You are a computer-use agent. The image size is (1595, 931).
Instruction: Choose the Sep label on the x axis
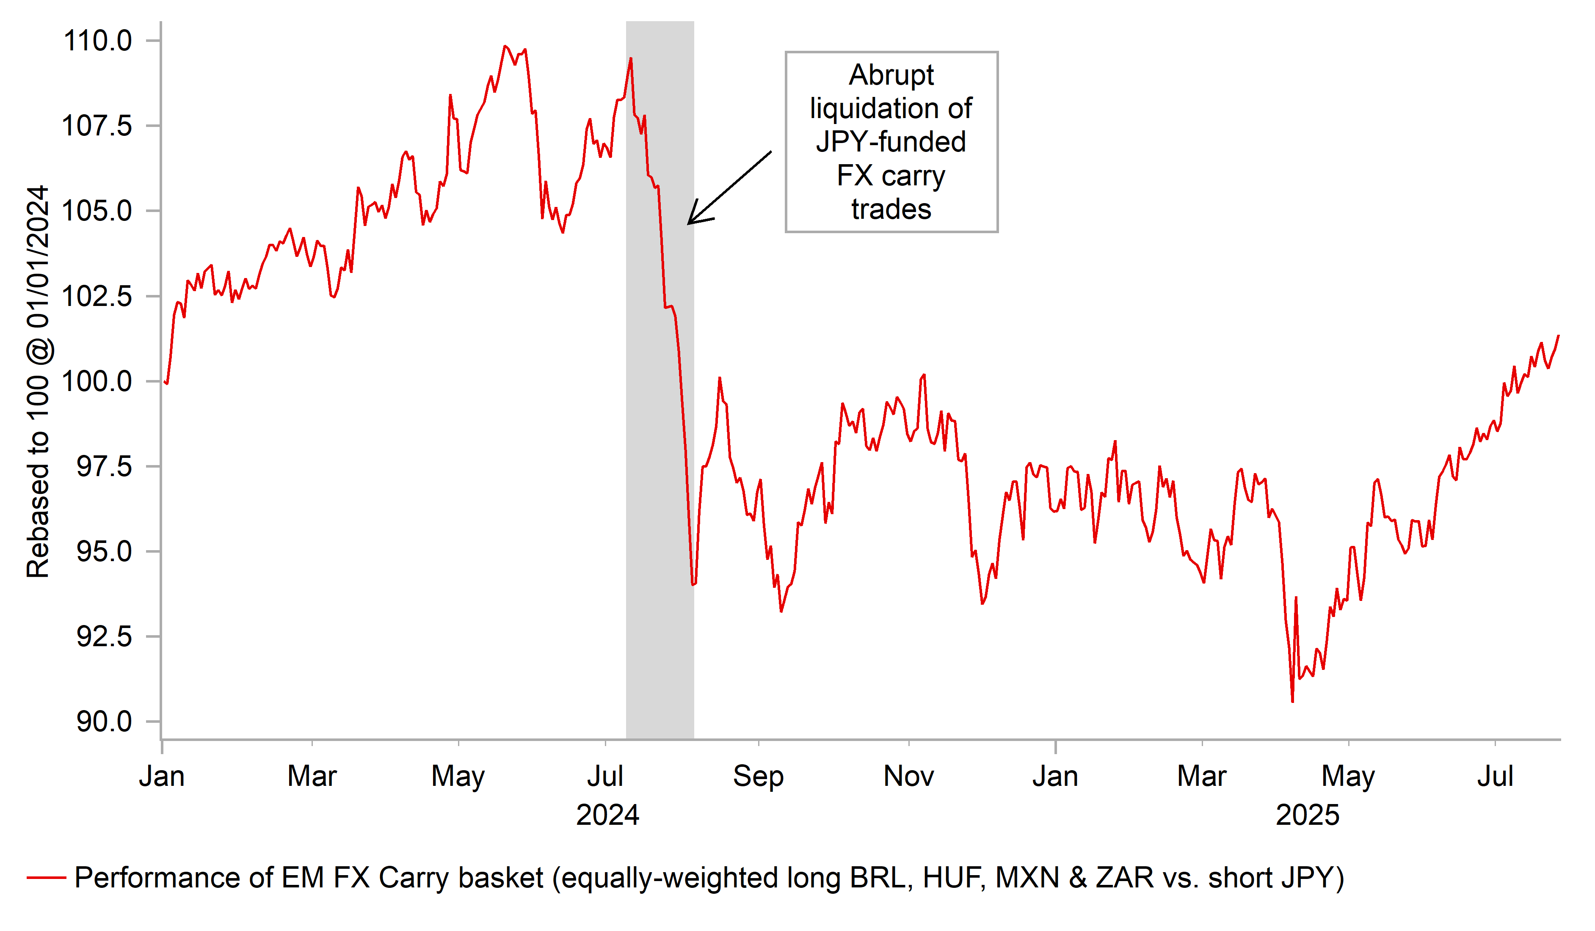(x=758, y=777)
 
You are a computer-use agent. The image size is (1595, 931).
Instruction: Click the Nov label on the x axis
(x=908, y=777)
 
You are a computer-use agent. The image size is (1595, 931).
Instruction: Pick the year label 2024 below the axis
(x=607, y=815)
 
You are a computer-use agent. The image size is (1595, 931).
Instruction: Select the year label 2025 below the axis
(x=1308, y=815)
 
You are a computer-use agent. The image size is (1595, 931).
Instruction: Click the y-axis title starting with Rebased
(x=38, y=382)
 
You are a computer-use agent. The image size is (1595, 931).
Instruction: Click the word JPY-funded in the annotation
(x=891, y=142)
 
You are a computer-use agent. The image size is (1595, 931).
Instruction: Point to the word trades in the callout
(x=891, y=209)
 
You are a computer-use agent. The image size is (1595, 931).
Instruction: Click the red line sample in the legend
(x=46, y=878)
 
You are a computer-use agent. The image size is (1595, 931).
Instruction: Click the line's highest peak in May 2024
(x=505, y=46)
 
